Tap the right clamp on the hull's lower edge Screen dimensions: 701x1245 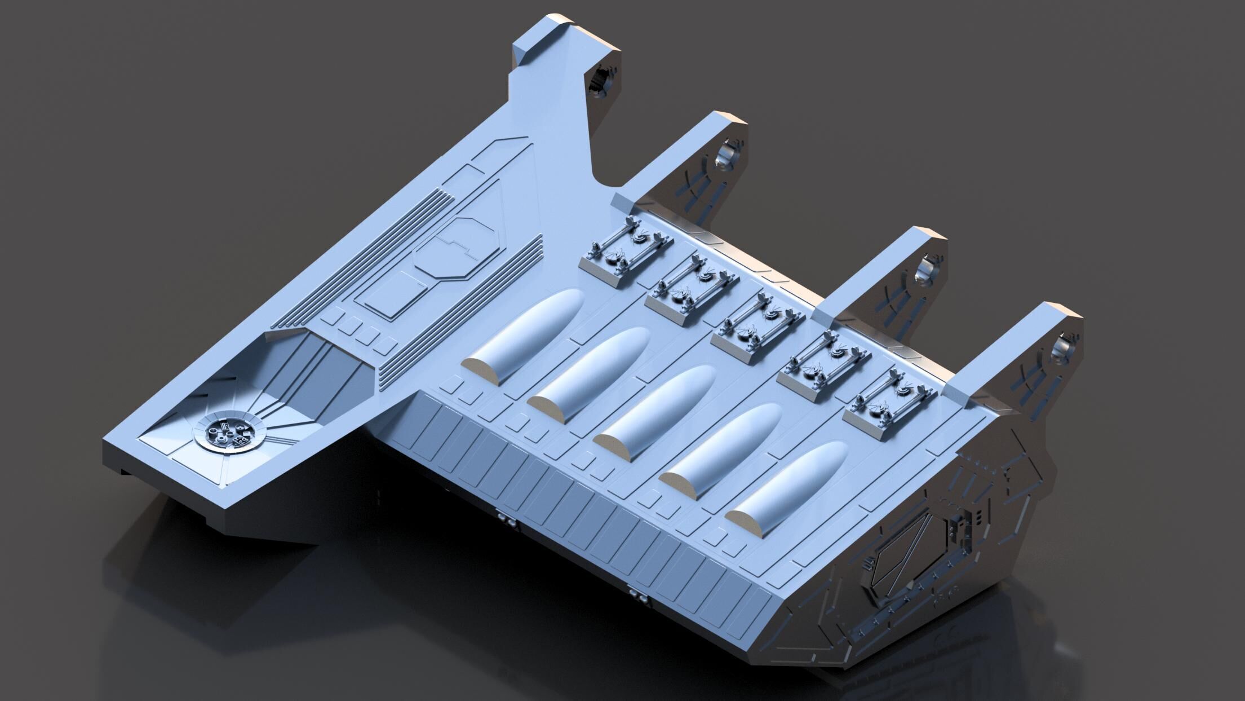(639, 596)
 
